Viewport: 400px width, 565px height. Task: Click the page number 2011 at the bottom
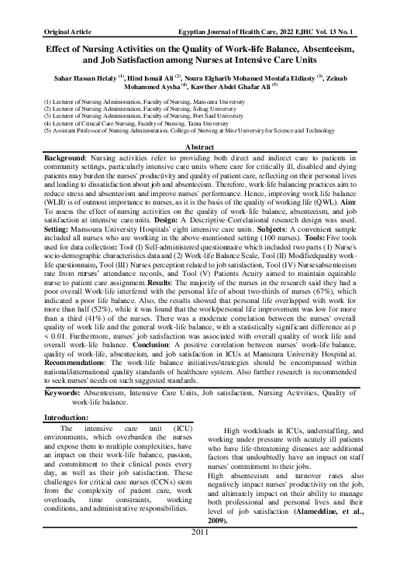coord(200,555)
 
